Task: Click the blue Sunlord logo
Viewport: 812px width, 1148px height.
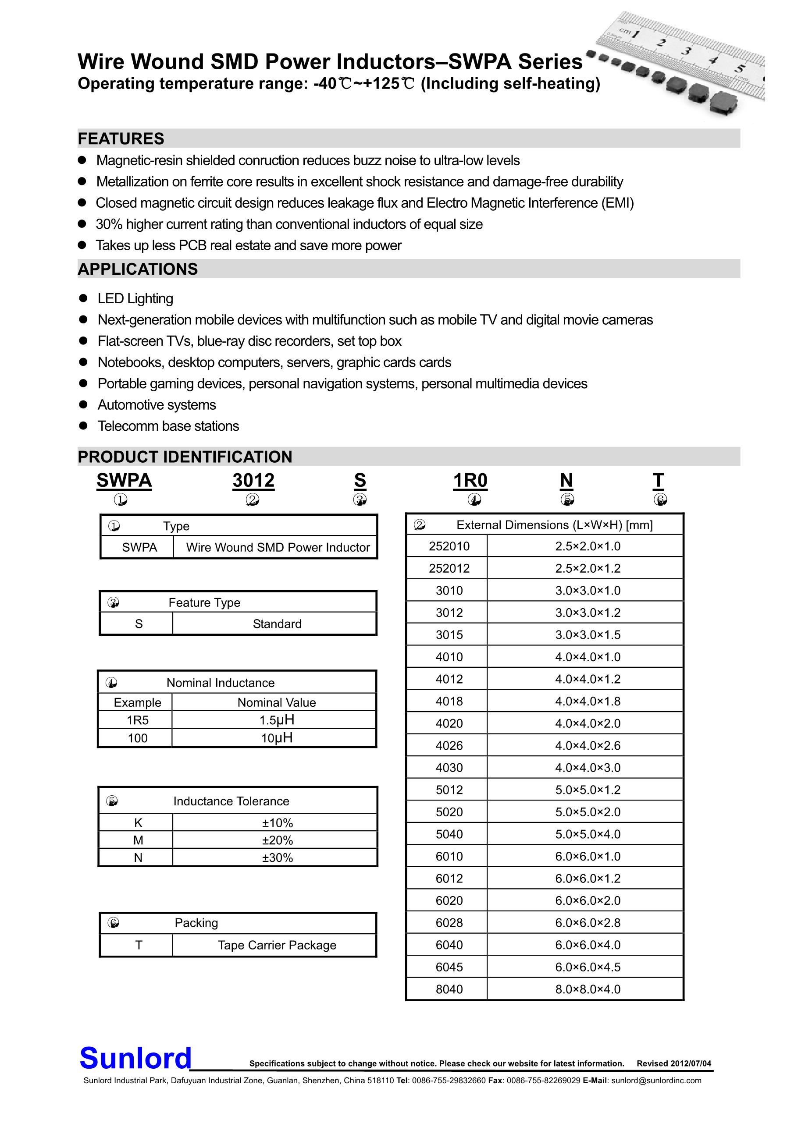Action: pyautogui.click(x=135, y=1059)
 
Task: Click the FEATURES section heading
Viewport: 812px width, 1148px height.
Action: pyautogui.click(x=121, y=138)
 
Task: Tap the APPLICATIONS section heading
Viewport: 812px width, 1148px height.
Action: pyautogui.click(x=138, y=269)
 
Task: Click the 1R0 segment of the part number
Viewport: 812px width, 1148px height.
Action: pyautogui.click(x=470, y=481)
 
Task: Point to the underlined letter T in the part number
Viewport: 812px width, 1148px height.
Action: pyautogui.click(x=658, y=481)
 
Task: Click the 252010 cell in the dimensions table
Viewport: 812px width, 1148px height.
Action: pyautogui.click(x=449, y=546)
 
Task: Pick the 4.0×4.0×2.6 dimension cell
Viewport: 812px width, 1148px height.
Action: pyautogui.click(x=588, y=745)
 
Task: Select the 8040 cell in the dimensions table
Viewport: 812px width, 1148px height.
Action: pyautogui.click(x=449, y=989)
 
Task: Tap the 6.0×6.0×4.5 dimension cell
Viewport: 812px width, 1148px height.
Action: pyautogui.click(x=588, y=967)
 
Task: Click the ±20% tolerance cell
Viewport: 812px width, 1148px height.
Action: pyautogui.click(x=277, y=840)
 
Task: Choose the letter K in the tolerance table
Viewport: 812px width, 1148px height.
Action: pyautogui.click(x=138, y=822)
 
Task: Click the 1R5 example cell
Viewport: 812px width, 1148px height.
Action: pyautogui.click(x=138, y=720)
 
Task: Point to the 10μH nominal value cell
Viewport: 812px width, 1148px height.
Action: pyautogui.click(x=277, y=737)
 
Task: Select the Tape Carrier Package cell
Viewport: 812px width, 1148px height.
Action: pyautogui.click(x=277, y=945)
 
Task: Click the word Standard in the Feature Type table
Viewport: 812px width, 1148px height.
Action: pyautogui.click(x=277, y=624)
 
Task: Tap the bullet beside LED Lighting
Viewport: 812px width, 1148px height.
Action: pyautogui.click(x=84, y=298)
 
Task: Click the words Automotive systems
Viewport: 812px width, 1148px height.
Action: pyautogui.click(x=157, y=404)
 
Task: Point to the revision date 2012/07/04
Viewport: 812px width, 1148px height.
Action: pyautogui.click(x=691, y=1063)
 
